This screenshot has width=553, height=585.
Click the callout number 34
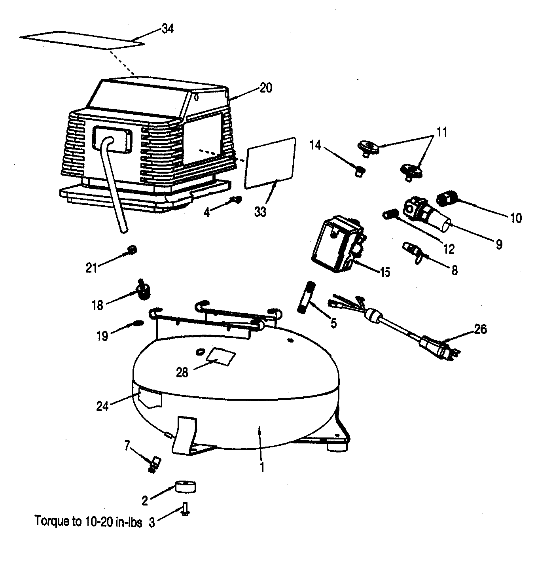tap(167, 29)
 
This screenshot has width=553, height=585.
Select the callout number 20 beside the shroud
tap(266, 88)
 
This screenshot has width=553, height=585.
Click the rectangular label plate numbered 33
tap(271, 163)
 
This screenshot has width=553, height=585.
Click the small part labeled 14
tap(360, 171)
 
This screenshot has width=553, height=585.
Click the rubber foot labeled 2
tap(186, 487)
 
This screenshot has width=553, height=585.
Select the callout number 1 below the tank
tap(261, 467)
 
